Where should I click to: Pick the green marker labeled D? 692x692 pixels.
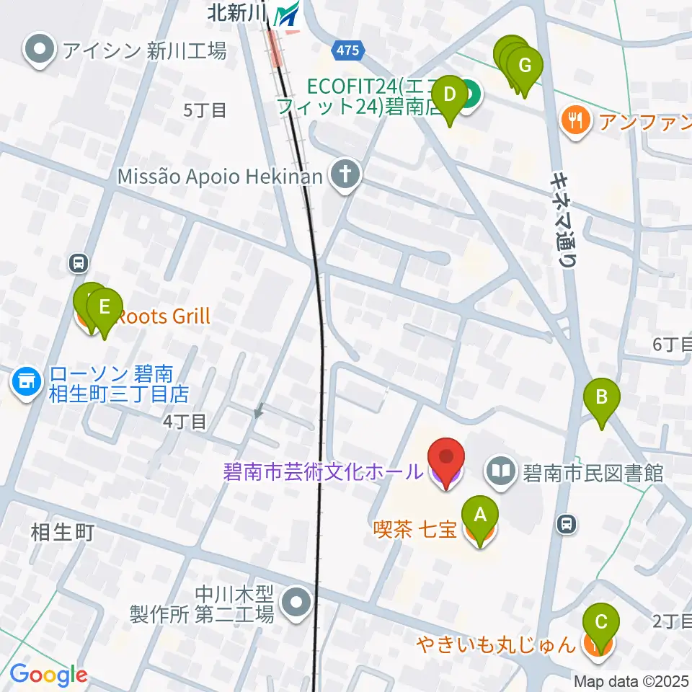tap(450, 95)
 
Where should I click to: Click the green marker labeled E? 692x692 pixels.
tap(105, 308)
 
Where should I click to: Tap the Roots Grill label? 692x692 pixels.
tap(163, 316)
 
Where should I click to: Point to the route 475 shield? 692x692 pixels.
tap(347, 49)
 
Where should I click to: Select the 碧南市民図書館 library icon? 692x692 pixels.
tap(500, 473)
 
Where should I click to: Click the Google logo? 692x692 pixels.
tap(48, 675)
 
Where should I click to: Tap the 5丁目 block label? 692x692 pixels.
tap(205, 110)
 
